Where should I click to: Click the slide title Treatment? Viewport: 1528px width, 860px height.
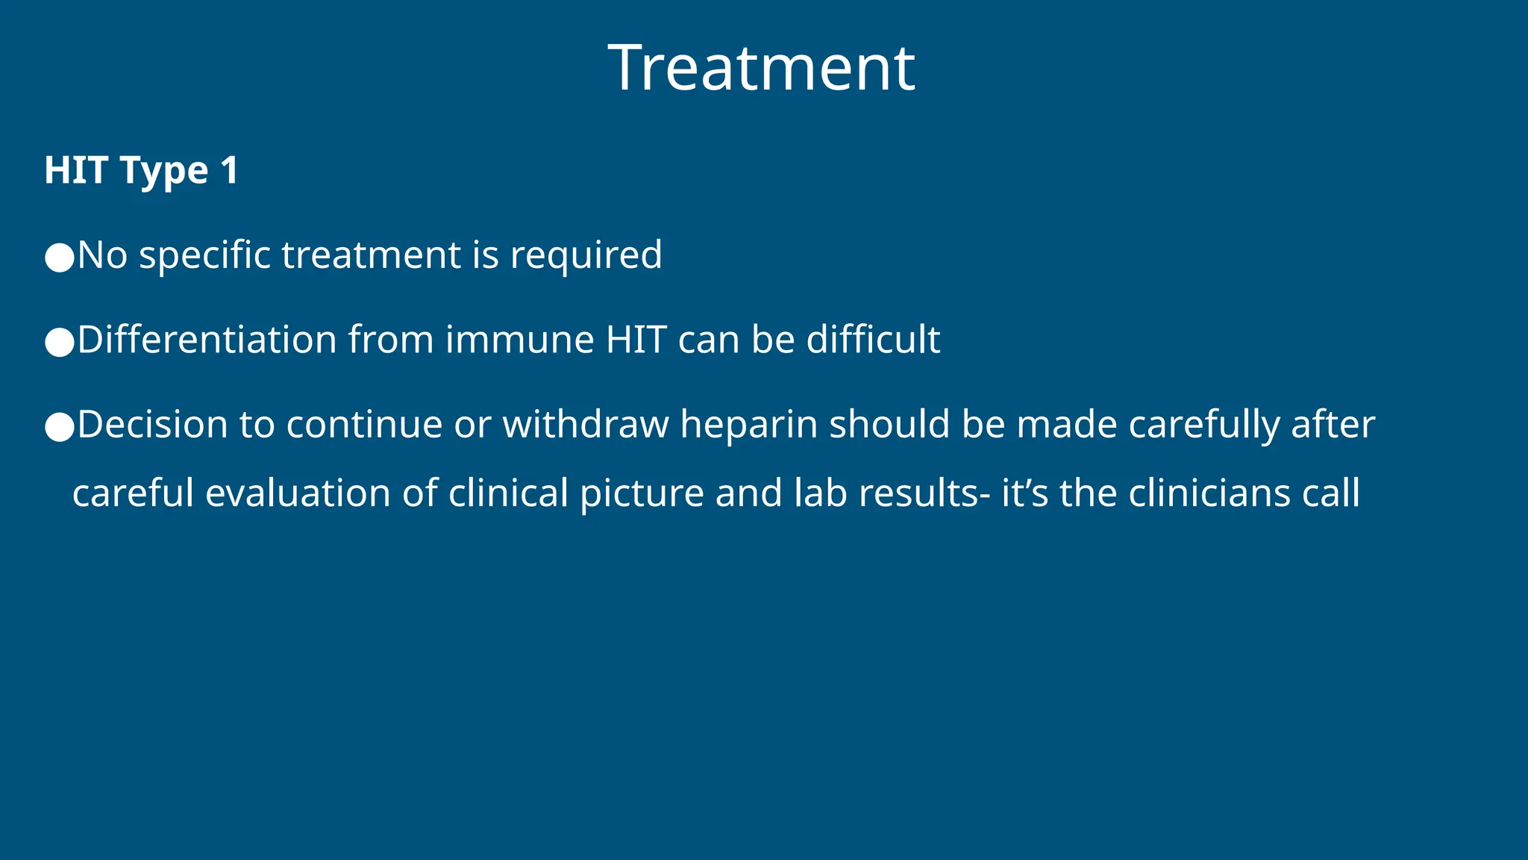tap(762, 68)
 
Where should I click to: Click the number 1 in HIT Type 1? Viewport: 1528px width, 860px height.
tap(229, 170)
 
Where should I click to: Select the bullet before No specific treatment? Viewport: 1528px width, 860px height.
tap(60, 258)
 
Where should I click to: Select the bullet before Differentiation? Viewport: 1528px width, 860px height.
tap(60, 343)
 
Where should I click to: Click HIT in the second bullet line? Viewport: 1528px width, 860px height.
tap(636, 340)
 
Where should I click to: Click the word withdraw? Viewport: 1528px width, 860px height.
tap(586, 425)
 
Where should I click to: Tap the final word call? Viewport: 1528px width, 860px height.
tap(1331, 493)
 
